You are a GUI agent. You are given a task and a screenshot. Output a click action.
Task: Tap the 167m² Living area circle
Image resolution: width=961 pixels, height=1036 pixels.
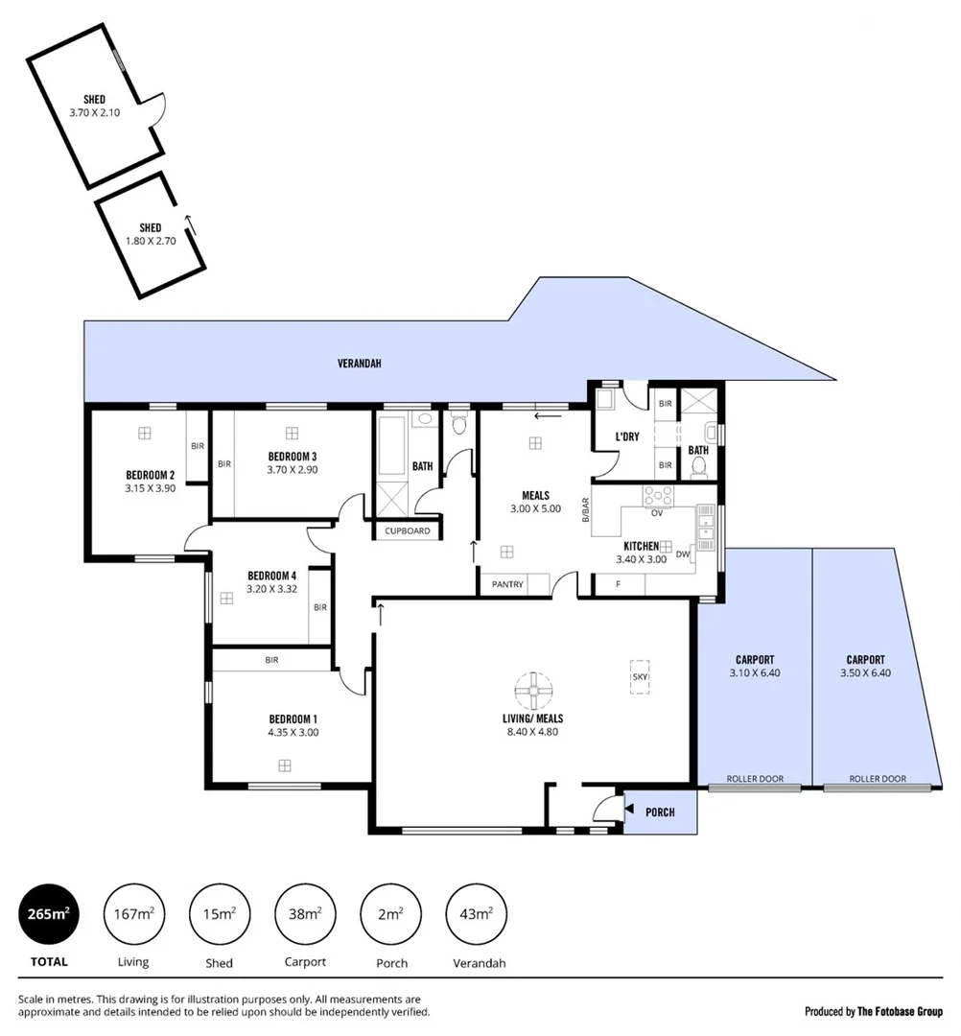point(133,914)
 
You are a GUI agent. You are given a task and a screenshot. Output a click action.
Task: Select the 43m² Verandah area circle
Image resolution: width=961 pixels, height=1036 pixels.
point(477,914)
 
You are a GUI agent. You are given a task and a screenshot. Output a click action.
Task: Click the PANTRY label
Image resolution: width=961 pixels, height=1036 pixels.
point(507,583)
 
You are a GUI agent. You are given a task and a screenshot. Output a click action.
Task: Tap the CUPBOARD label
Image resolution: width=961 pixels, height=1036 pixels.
point(408,530)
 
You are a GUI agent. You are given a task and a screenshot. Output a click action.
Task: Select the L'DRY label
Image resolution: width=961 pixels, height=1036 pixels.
point(627,437)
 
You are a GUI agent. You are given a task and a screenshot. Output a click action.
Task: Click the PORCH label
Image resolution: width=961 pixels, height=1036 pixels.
point(660,812)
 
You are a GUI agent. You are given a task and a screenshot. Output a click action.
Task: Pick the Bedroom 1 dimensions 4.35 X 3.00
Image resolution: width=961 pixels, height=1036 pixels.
point(294,732)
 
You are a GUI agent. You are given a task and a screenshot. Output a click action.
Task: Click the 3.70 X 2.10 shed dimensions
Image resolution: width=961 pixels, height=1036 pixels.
point(93,112)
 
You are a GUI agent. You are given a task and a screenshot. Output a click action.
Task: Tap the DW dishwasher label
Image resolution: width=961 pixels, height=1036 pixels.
point(683,553)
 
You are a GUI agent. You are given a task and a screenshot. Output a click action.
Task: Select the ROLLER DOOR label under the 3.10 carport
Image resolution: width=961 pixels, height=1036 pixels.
point(755,779)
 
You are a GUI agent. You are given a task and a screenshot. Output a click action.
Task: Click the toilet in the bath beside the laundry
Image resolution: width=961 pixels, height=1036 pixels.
point(698,467)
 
